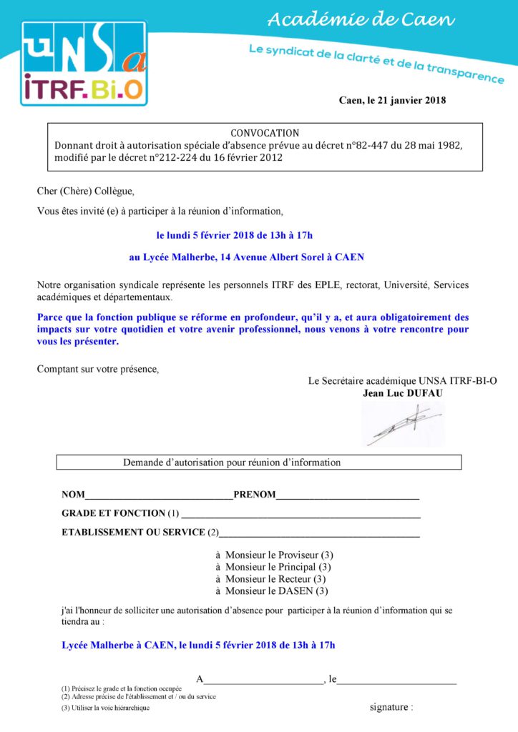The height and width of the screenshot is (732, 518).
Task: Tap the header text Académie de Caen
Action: (361, 20)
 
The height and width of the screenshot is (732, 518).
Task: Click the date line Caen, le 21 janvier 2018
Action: (392, 100)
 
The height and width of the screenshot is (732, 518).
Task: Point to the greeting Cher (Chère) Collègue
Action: (86, 192)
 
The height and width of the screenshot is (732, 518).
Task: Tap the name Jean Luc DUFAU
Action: (402, 393)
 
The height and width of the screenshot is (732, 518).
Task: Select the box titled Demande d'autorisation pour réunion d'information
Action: (259, 463)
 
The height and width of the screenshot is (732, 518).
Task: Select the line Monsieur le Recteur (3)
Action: (271, 579)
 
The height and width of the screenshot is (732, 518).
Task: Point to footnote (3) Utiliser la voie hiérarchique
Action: (106, 708)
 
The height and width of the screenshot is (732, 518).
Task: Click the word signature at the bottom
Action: (391, 708)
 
